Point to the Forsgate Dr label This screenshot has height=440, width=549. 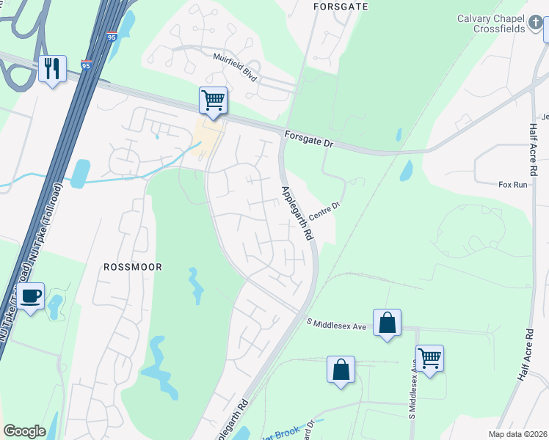(308, 139)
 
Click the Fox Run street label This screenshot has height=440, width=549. (513, 186)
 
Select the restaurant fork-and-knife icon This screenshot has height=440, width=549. (52, 69)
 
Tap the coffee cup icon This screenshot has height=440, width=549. (30, 296)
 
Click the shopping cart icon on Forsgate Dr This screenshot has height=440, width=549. (213, 100)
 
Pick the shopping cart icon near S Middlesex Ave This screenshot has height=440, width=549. (429, 359)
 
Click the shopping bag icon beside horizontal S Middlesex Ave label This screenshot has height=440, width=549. (387, 323)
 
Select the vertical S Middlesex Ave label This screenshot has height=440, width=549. (413, 393)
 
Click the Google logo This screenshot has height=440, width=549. (24, 431)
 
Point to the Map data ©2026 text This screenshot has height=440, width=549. (517, 434)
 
